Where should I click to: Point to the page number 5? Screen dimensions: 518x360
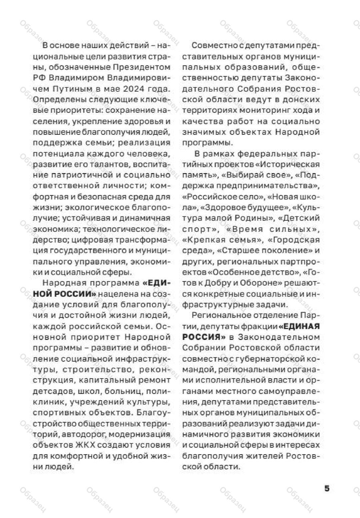(327, 488)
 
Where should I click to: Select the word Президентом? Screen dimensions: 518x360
(142, 67)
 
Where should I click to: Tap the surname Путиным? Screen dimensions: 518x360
(71, 89)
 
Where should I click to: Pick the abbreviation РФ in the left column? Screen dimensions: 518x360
(39, 78)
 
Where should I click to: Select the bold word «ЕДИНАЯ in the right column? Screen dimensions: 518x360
(299, 326)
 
